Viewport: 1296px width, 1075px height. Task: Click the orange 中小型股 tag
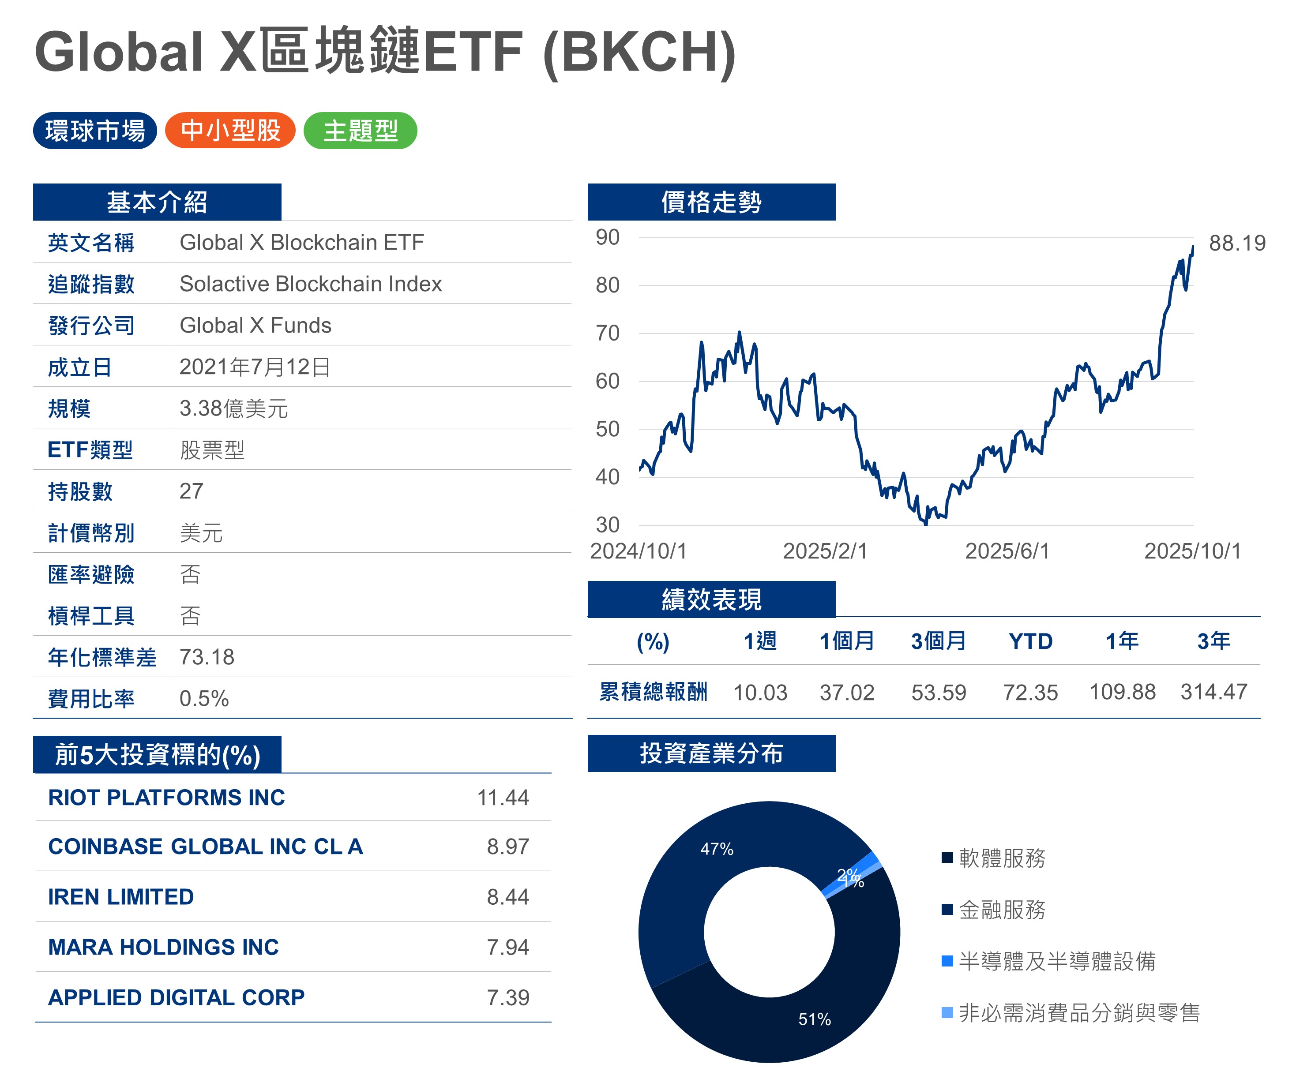pos(230,130)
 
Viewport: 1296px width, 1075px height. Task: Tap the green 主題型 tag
pos(361,130)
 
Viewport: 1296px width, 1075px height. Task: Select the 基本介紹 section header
pos(157,202)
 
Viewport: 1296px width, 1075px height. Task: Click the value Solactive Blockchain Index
pos(310,284)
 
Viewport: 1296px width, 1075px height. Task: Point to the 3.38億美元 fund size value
pos(233,408)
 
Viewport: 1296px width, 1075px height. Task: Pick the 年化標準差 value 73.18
pos(207,657)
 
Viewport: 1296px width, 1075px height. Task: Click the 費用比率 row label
pos(91,699)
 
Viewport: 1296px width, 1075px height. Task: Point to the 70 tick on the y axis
pos(607,333)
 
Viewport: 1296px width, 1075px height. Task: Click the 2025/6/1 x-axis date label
pos(1007,551)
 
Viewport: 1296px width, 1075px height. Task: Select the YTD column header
pos(1030,642)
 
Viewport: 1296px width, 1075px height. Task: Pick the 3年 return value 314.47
pos(1213,692)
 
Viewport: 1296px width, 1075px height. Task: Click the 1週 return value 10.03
pos(760,693)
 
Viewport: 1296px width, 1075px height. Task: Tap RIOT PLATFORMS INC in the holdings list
pos(167,797)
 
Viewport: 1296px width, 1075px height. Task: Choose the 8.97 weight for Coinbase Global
pos(507,847)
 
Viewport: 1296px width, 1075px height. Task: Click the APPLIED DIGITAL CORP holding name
pos(177,997)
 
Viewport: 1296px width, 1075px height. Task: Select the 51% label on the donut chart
pos(814,1019)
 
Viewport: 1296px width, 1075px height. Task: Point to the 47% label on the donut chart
pos(717,849)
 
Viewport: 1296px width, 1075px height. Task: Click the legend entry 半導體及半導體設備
pos(1056,961)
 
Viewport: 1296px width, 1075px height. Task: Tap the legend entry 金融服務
pos(1002,910)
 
